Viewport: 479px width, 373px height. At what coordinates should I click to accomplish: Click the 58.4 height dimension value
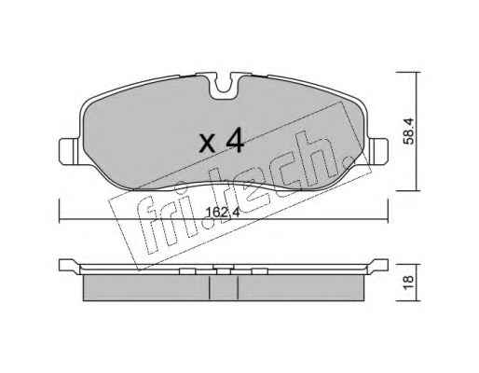(x=409, y=131)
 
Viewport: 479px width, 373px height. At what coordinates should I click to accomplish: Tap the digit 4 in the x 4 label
(x=235, y=141)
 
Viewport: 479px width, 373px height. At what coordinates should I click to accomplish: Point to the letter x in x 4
(x=208, y=144)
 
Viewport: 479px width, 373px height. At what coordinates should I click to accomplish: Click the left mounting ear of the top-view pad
(x=70, y=151)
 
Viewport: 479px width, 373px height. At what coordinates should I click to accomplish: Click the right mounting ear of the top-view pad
(x=378, y=151)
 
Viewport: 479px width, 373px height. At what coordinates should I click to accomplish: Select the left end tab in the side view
(x=69, y=266)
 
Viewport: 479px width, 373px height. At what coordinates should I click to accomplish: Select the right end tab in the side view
(x=377, y=266)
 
